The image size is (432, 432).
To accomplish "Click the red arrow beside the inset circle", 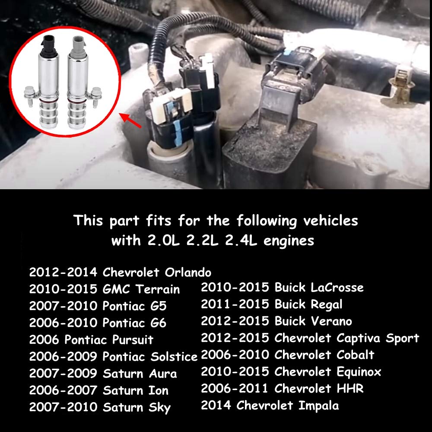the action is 130,121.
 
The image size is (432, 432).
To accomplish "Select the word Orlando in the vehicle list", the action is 188,272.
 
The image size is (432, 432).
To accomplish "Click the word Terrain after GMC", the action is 157,289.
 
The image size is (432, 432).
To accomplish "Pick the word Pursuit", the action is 133,340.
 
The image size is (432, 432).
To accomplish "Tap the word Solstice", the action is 174,356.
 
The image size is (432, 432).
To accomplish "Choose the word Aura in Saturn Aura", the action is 163,374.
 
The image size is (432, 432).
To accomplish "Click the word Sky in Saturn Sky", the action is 159,408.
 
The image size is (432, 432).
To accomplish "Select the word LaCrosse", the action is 337,287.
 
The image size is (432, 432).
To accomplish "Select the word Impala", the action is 318,406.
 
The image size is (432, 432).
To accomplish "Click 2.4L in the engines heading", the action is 241,241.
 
